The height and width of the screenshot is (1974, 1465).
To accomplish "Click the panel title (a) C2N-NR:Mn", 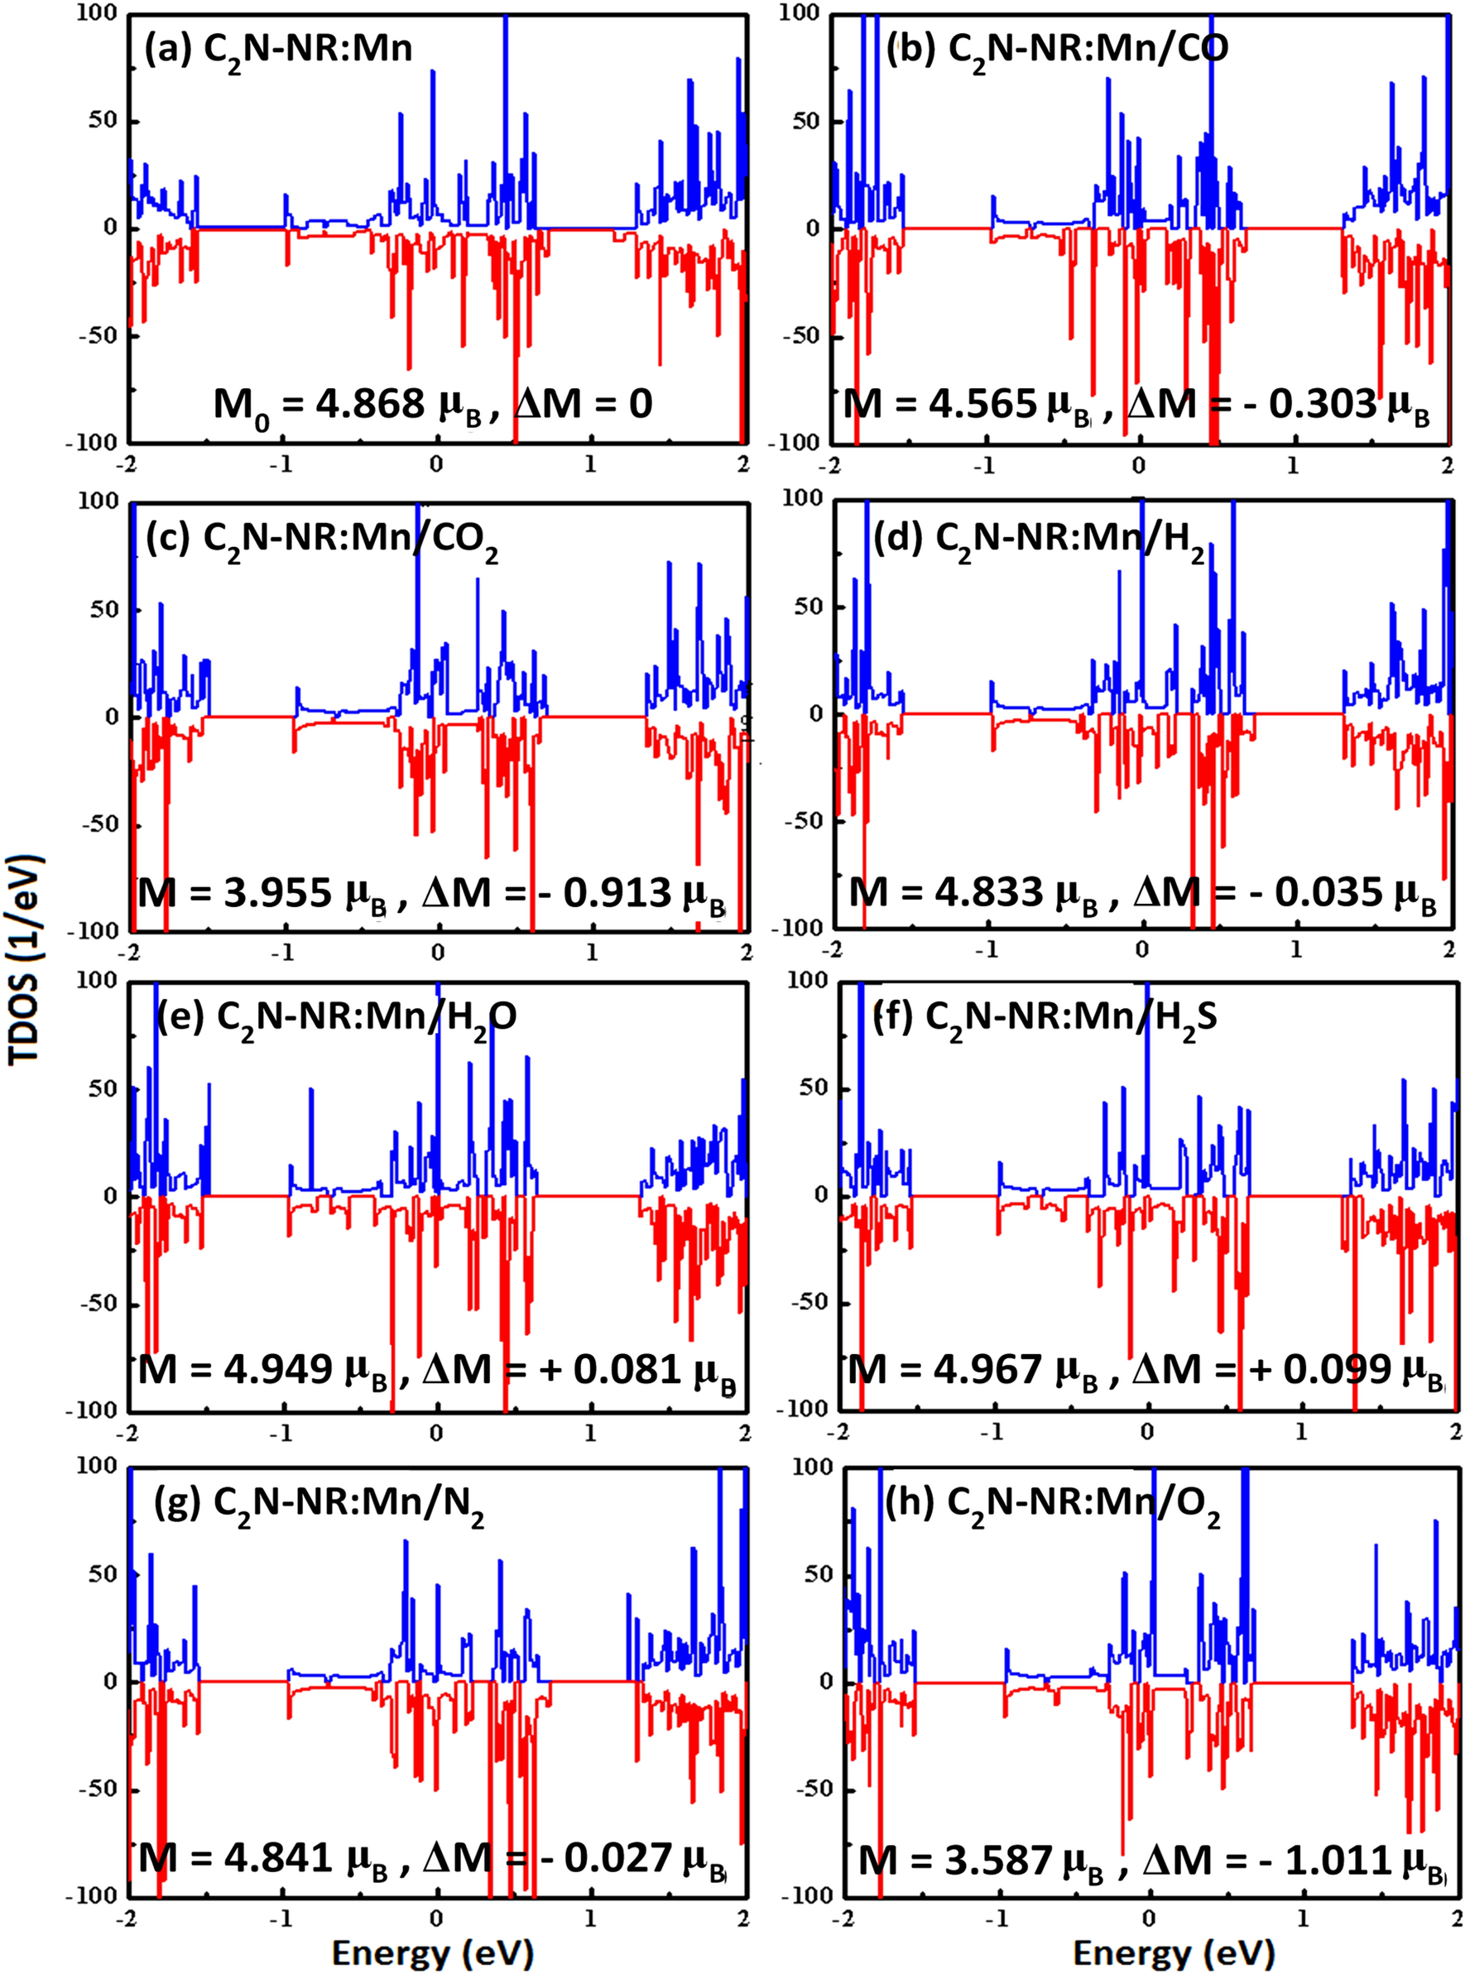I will click(278, 49).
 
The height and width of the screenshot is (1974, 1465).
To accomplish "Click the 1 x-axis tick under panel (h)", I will click(1303, 1915).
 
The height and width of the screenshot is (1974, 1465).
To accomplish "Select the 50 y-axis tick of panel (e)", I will click(103, 1089).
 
